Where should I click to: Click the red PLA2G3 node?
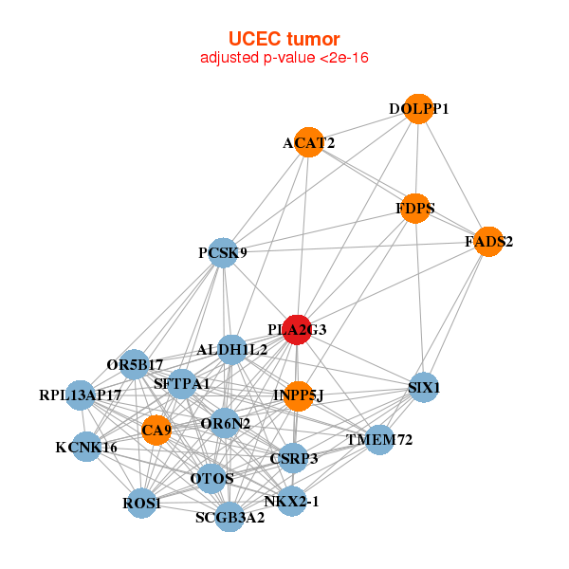coord(298,329)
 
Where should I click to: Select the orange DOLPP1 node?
coord(418,109)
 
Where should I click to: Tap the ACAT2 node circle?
coord(308,142)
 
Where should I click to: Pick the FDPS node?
coord(415,208)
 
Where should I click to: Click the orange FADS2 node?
coord(488,242)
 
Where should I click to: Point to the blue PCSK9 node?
coord(222,252)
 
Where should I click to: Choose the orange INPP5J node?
coord(298,395)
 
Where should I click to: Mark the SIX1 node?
coord(424,387)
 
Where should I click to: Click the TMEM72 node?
coord(378,439)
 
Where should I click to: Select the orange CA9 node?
coord(156,431)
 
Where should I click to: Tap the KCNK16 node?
coord(86,447)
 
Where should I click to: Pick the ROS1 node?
coord(142,502)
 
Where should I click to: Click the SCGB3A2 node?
coord(230,517)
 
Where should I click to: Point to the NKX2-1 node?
coord(291,500)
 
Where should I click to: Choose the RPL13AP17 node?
coord(81,395)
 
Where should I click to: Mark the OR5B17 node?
coord(136,364)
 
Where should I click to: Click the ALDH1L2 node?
coord(232,350)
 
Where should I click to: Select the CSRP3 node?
coord(293,459)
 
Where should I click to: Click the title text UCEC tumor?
coord(284,39)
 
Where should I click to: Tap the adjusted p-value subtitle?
coord(284,58)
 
